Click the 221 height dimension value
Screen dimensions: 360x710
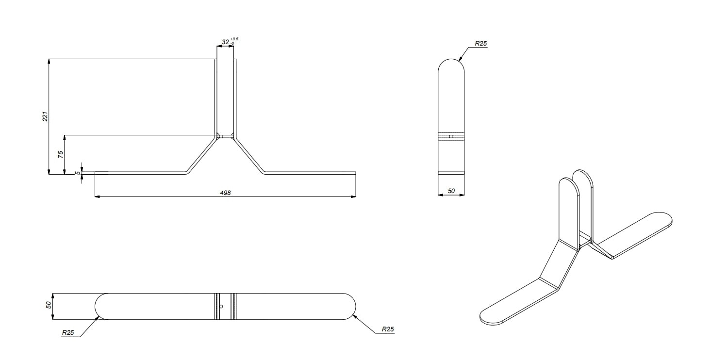pos(45,116)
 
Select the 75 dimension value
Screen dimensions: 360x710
pos(61,154)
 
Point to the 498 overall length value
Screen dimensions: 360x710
pos(225,193)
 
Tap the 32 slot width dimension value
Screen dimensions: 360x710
pos(225,42)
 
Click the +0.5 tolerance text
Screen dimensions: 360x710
pos(234,39)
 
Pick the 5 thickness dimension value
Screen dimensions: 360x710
pos(78,173)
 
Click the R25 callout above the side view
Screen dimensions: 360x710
pos(480,44)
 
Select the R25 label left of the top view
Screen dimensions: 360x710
pos(68,333)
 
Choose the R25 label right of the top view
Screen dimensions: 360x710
pos(388,329)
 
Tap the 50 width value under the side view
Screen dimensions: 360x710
pos(451,191)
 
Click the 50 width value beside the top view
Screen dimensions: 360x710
pos(49,306)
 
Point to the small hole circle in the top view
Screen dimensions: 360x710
pos(221,307)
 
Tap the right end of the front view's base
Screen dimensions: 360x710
pos(355,173)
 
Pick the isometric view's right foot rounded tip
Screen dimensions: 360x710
pos(669,219)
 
